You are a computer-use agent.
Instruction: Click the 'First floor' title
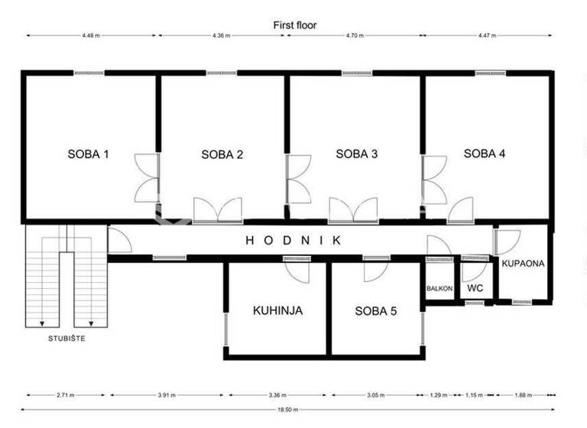[x=295, y=25]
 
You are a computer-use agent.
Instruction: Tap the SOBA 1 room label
[x=88, y=154]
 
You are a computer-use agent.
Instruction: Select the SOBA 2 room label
[x=222, y=154]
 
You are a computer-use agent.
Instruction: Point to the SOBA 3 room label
[x=357, y=154]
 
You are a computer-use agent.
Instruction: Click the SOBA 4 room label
[x=485, y=153]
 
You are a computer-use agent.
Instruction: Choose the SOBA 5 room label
[x=375, y=311]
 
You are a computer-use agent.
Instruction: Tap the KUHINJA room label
[x=278, y=311]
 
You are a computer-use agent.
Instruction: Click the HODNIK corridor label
[x=293, y=240]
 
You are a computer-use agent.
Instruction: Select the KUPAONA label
[x=523, y=264]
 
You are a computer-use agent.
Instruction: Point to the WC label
[x=475, y=289]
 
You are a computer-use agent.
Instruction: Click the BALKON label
[x=439, y=289]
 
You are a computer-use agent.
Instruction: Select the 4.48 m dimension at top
[x=92, y=35]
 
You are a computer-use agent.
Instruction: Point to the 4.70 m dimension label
[x=355, y=35]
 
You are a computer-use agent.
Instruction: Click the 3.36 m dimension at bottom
[x=277, y=395]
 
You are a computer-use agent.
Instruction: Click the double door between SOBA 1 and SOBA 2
[x=147, y=177]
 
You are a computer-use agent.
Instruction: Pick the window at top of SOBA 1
[x=89, y=73]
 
